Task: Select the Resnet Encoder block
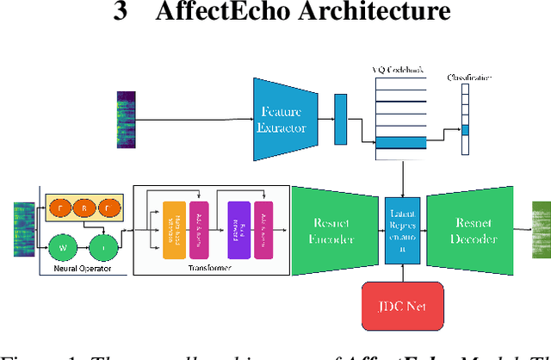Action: point(331,230)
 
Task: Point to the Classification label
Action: point(469,78)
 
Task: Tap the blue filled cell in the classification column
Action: point(465,129)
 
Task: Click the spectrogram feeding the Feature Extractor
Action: point(127,117)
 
